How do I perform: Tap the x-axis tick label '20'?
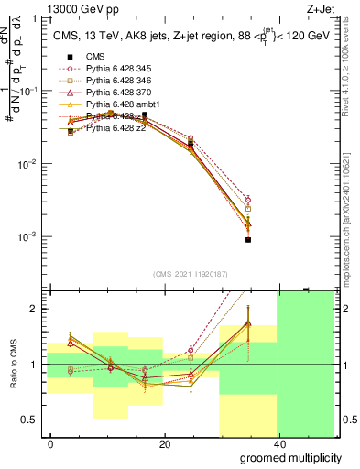click(x=165, y=444)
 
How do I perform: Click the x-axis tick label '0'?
click(x=51, y=444)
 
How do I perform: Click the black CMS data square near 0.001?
click(x=248, y=240)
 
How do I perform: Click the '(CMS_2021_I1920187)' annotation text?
click(x=190, y=274)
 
